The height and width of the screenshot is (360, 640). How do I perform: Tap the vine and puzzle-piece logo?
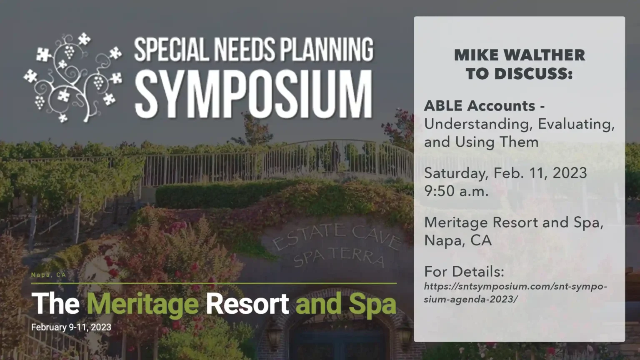click(x=73, y=78)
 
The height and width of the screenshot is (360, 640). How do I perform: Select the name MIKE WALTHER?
click(x=520, y=55)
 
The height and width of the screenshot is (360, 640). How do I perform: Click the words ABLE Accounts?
click(x=480, y=106)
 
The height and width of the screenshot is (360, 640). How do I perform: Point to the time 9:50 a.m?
click(x=456, y=191)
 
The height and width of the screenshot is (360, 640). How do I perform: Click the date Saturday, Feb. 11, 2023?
click(x=505, y=173)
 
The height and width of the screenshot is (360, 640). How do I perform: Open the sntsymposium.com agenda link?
click(x=515, y=293)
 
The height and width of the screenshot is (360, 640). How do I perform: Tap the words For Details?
click(x=464, y=271)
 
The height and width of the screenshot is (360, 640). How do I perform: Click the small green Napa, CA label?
click(x=49, y=275)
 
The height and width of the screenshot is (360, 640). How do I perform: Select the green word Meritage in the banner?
click(x=142, y=305)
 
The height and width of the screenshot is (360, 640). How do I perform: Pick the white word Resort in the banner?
click(x=247, y=303)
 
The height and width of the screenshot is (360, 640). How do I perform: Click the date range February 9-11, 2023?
click(x=71, y=327)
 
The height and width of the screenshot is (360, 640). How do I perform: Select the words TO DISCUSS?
click(x=519, y=74)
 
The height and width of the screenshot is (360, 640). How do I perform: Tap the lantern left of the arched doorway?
click(x=274, y=334)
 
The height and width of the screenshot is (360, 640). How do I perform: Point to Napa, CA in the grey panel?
click(x=458, y=240)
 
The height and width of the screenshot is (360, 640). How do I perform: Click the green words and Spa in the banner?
click(x=346, y=305)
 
